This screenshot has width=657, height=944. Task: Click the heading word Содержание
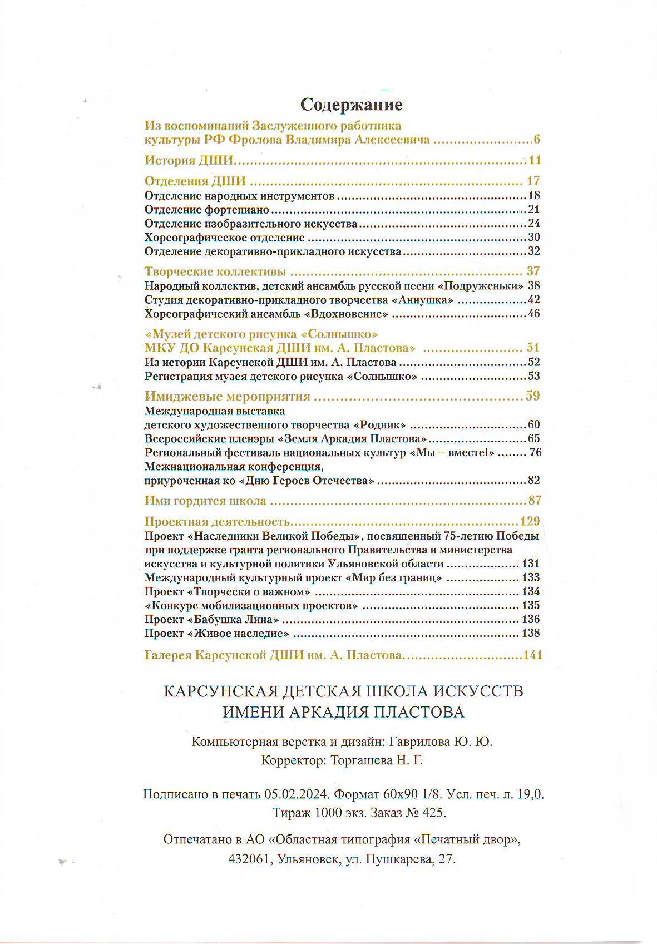pos(351,105)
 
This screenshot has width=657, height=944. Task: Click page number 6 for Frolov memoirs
pos(537,140)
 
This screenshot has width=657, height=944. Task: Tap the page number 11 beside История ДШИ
pos(535,160)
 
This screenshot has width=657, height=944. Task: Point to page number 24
pos(534,224)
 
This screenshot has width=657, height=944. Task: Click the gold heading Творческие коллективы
pos(215,271)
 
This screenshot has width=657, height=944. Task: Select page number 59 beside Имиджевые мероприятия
pos(533,396)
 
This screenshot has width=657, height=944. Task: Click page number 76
pos(535,452)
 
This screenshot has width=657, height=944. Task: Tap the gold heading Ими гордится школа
pos(205,501)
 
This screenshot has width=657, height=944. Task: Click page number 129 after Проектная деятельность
pos(530,521)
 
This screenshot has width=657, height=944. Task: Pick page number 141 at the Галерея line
pos(532,655)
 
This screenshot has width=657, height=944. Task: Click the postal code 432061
pos(248,859)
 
